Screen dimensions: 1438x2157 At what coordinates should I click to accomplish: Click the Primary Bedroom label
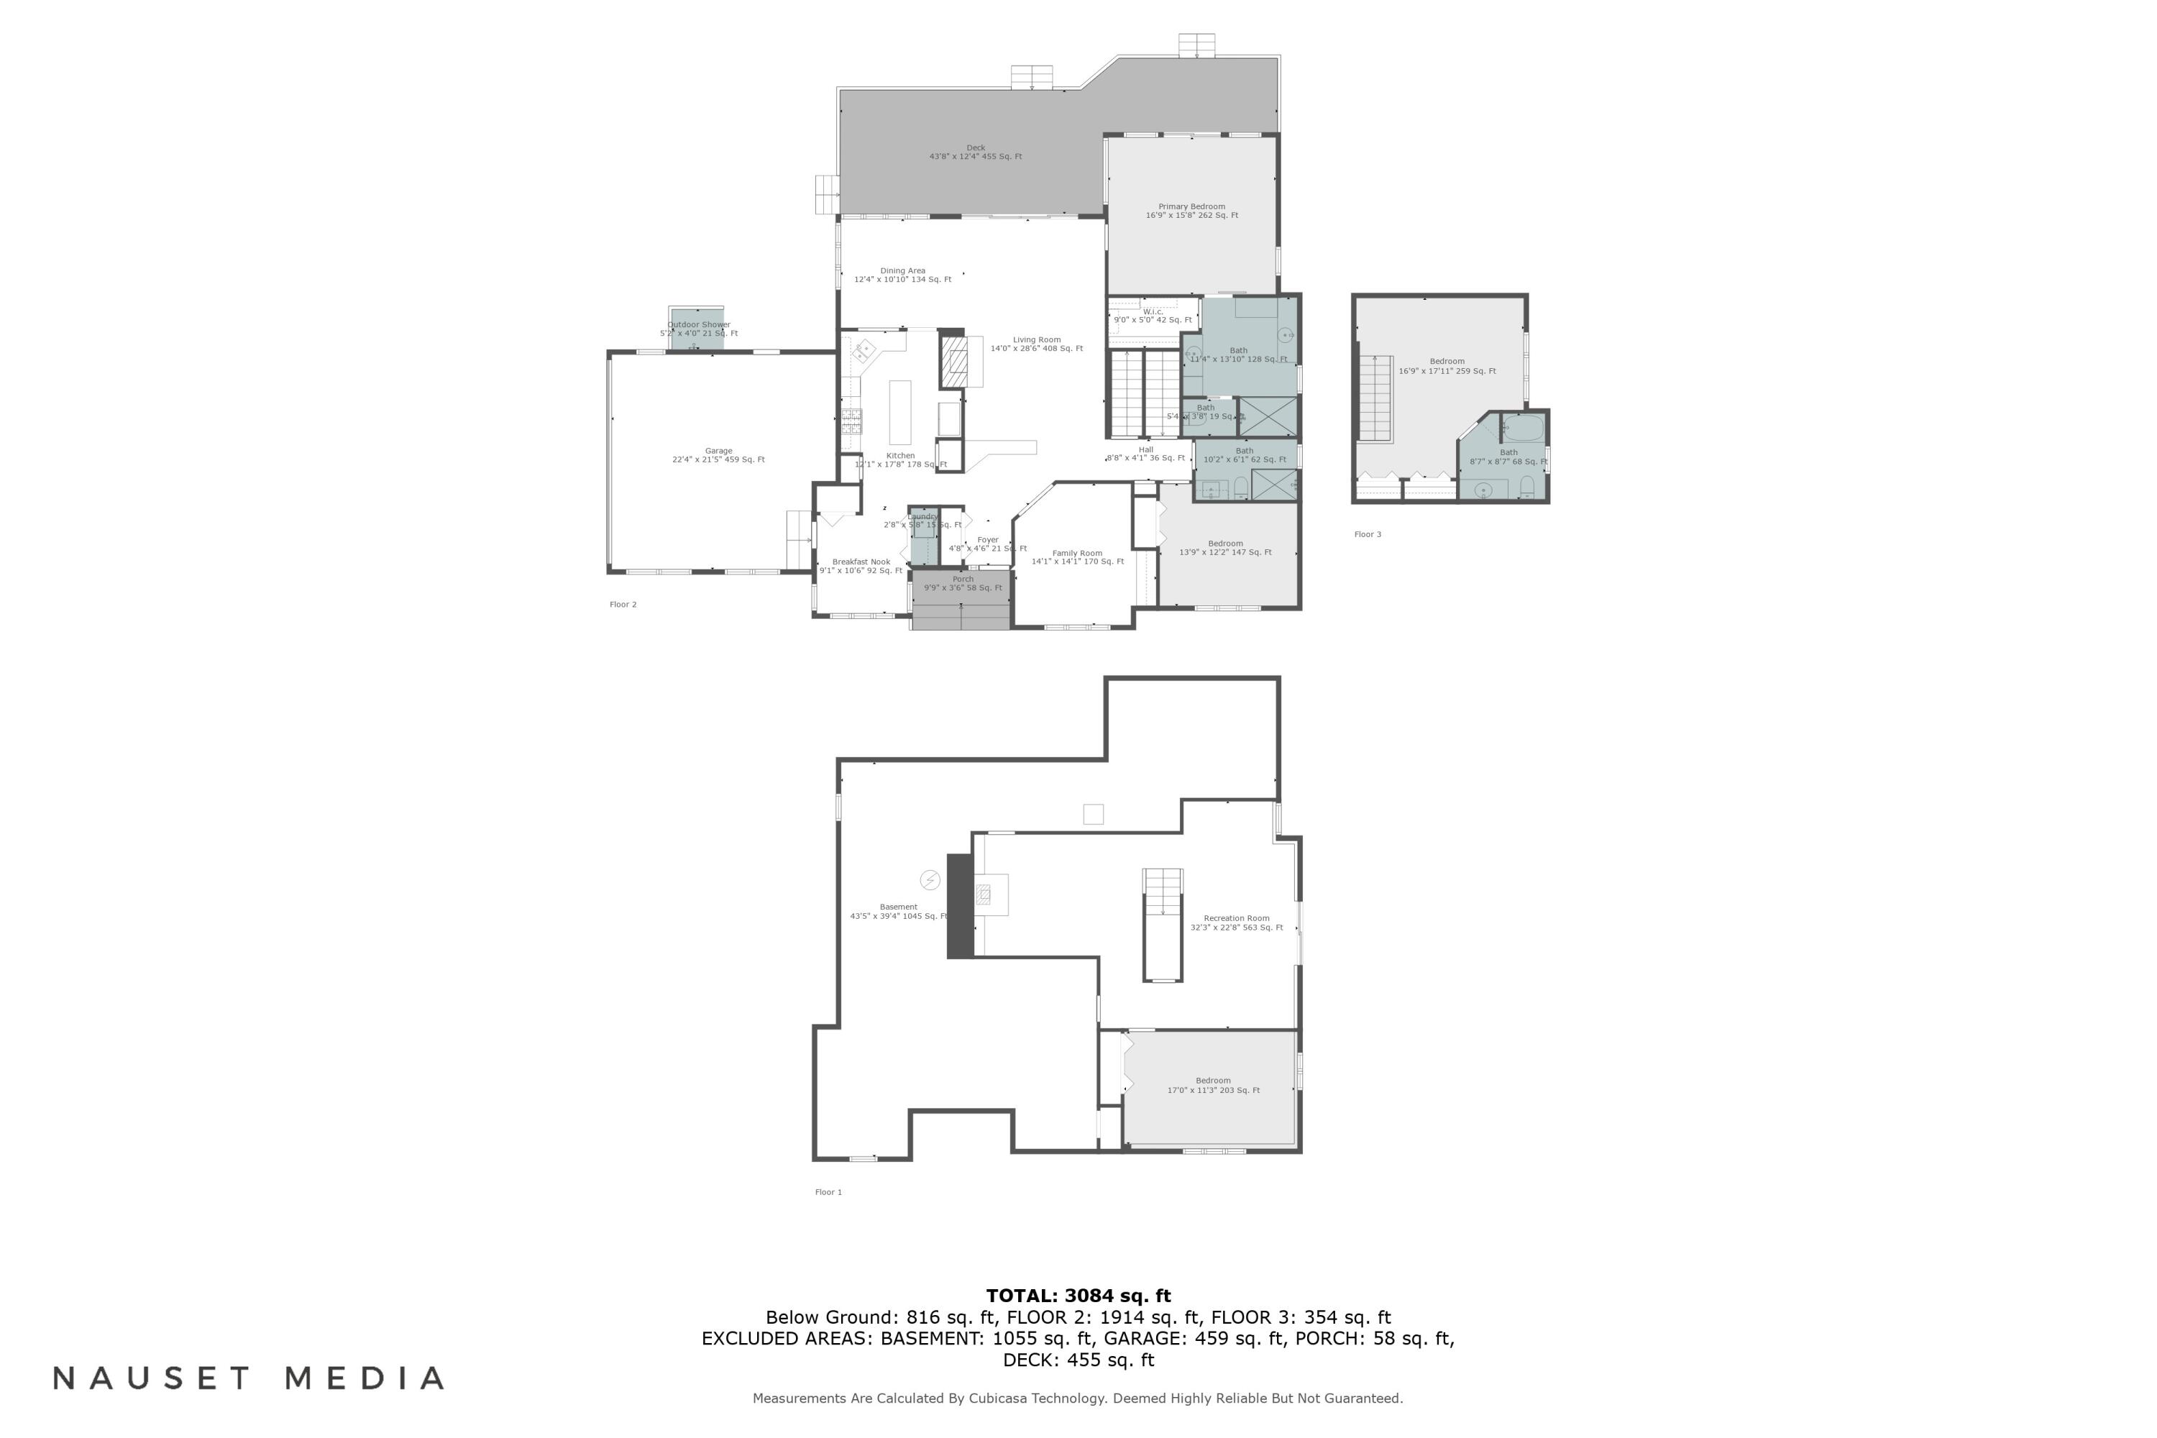tap(1191, 211)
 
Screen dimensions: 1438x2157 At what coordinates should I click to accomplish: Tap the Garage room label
tap(718, 455)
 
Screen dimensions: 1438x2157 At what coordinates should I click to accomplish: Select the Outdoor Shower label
tap(699, 329)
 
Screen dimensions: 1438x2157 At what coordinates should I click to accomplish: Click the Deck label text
tap(975, 151)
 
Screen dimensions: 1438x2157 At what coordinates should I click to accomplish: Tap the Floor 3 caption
tap(1368, 535)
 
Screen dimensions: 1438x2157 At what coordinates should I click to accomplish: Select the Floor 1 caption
tap(828, 1192)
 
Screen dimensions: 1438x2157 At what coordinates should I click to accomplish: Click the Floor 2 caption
tap(623, 605)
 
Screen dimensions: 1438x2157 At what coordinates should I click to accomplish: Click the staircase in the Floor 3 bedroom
tap(1375, 399)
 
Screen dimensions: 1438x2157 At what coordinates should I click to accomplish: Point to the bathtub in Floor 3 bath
tap(1524, 427)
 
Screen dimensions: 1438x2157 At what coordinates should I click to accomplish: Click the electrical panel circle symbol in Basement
tap(930, 880)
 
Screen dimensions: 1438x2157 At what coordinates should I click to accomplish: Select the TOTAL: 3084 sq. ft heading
tap(1078, 1296)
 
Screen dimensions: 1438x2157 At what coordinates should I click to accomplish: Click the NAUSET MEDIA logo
tap(249, 1378)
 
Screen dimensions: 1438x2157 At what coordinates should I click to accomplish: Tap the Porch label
tap(962, 583)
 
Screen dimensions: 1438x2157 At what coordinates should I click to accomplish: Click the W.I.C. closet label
tap(1153, 316)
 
